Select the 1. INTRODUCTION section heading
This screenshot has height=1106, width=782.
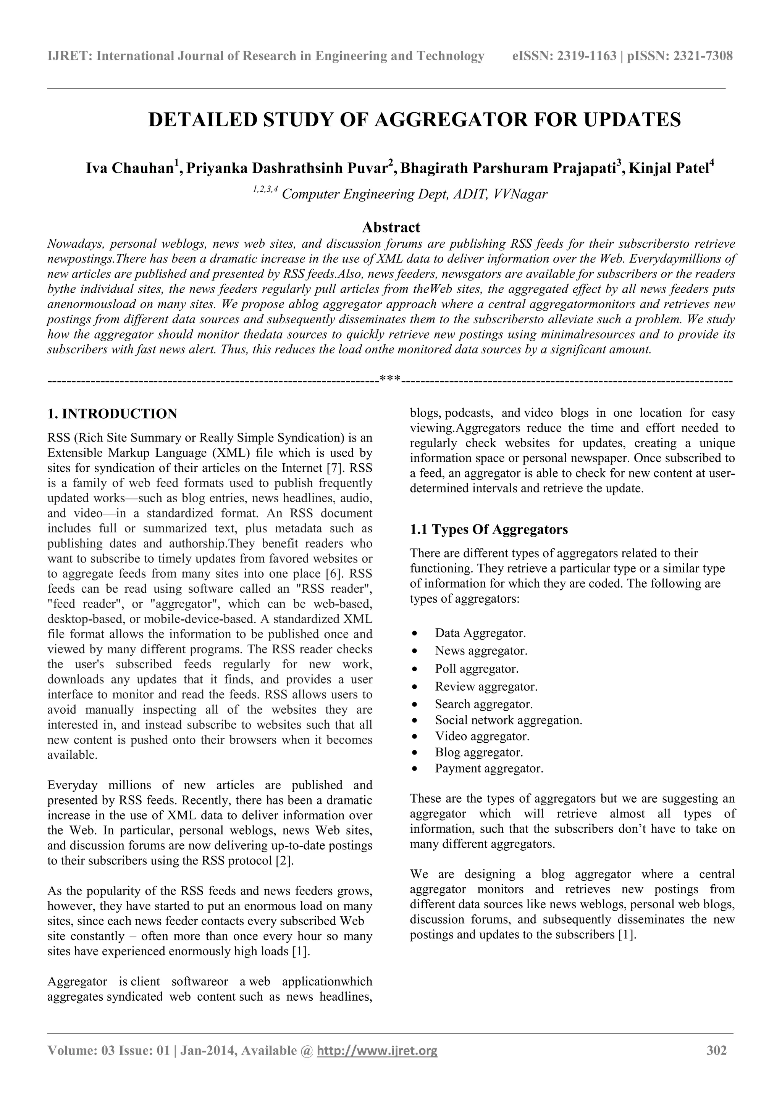pos(112,413)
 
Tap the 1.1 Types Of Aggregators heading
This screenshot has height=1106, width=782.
pos(489,529)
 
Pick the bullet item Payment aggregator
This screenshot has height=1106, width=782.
pos(489,768)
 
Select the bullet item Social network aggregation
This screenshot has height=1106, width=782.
pos(508,720)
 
